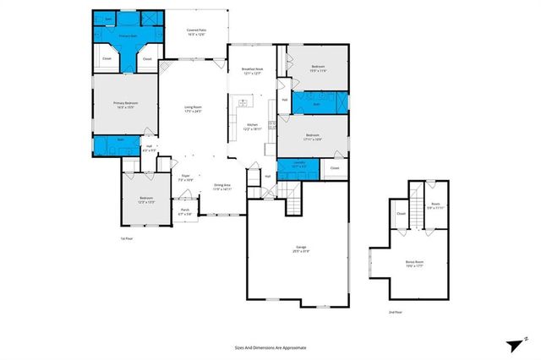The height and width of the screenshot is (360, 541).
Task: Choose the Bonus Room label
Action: (x=413, y=264)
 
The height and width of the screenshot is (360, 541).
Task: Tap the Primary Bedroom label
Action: (x=125, y=105)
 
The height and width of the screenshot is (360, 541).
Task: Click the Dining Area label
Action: (x=221, y=187)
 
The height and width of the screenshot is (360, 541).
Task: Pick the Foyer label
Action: (x=183, y=178)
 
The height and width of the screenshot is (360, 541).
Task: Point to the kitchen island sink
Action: (x=243, y=104)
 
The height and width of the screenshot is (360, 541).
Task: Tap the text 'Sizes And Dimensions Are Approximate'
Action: (x=270, y=347)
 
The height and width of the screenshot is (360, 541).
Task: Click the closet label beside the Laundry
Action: (x=334, y=168)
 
